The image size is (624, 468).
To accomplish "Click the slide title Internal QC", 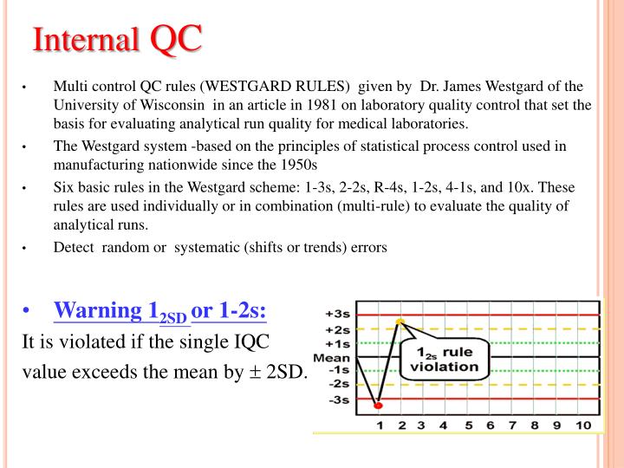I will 117,40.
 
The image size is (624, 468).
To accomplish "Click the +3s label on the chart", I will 336,314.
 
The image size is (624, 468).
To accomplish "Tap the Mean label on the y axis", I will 331,356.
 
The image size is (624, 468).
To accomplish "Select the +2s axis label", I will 336,328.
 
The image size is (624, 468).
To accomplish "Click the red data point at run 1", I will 379,405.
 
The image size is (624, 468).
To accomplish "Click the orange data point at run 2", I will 400,322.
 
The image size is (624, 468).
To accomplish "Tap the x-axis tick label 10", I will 582,426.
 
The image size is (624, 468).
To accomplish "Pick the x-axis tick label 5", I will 468,426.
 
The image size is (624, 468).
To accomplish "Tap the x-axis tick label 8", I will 535,426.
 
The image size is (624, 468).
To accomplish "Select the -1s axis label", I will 337,370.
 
